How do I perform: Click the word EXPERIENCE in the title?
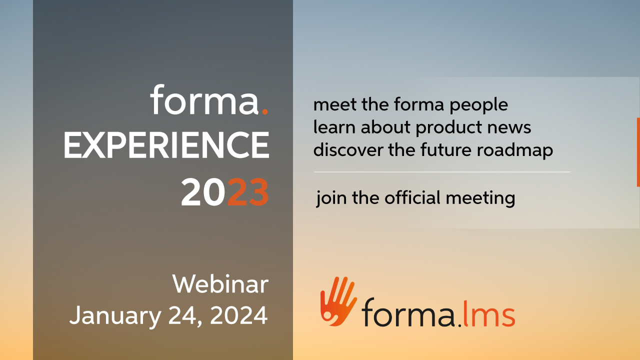[x=166, y=145]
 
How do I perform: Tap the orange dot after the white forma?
[x=265, y=111]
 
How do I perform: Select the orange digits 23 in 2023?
[x=248, y=192]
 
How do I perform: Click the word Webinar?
[x=220, y=284]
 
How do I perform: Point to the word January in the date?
[x=115, y=316]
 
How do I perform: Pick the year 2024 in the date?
[x=239, y=315]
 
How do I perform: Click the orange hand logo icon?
[x=338, y=301]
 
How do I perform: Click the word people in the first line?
[x=479, y=105]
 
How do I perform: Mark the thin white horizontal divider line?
[x=442, y=172]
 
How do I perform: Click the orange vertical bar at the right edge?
[x=638, y=152]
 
